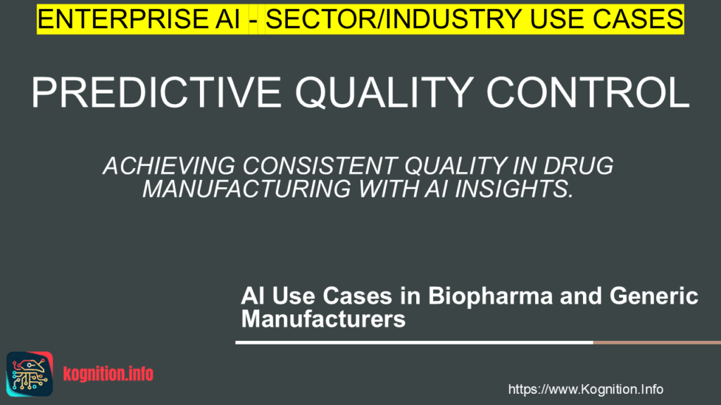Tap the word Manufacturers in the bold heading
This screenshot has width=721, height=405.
(323, 319)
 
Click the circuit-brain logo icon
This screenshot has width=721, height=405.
(30, 371)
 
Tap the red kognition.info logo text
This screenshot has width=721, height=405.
(108, 373)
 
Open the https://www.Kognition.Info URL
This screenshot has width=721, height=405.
(585, 389)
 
